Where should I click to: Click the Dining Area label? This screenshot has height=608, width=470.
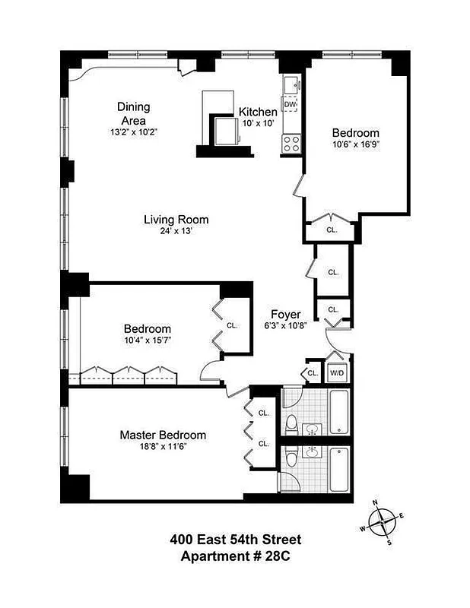coord(133,113)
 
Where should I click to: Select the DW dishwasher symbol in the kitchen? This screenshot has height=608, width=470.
coord(290,104)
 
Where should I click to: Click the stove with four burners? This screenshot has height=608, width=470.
coord(290,141)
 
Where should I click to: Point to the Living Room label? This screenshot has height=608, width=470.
coord(176,220)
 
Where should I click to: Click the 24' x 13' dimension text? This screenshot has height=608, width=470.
coord(176,232)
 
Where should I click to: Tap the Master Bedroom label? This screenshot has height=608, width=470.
coord(163,435)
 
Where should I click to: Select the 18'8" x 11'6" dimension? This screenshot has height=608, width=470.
coord(163,447)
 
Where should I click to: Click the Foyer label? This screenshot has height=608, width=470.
coord(286,314)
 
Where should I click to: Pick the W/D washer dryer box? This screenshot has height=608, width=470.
coord(336,373)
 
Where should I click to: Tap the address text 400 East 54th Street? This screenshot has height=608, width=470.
coord(235,540)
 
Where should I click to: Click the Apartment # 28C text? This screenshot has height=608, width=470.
coord(235,556)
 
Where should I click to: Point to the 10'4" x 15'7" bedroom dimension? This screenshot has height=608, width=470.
coord(147,340)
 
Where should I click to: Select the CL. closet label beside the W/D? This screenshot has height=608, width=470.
coord(313,373)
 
